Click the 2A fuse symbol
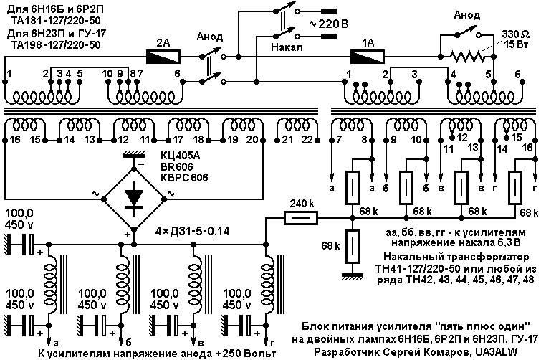[x=163, y=56]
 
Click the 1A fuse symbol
[x=368, y=56]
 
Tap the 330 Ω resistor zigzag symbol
[x=466, y=56]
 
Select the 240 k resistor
[x=300, y=218]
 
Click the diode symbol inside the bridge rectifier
[x=134, y=199]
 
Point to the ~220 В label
[x=329, y=24]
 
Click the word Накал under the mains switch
[x=287, y=47]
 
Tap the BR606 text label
[x=177, y=166]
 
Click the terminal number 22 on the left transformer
[x=307, y=140]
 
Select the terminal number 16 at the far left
[x=15, y=140]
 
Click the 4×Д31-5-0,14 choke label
[x=192, y=231]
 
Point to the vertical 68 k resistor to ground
[x=353, y=247]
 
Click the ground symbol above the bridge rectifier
[x=134, y=156]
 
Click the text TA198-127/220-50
[x=56, y=45]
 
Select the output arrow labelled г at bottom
[x=266, y=338]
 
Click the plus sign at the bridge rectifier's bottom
[x=128, y=235]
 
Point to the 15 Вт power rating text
[x=515, y=44]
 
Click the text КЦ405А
[x=180, y=156]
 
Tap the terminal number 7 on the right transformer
[x=339, y=140]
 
